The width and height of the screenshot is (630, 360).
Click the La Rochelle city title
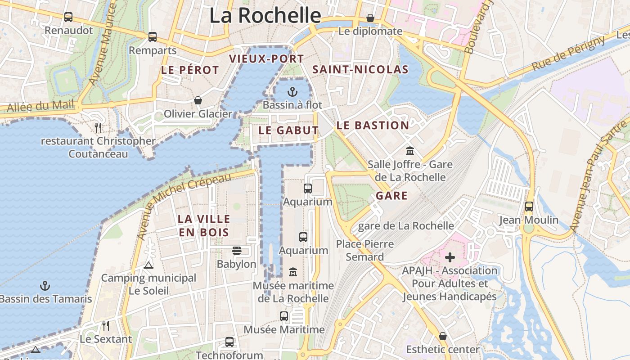point(265,15)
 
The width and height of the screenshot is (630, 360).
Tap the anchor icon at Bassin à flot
point(292,92)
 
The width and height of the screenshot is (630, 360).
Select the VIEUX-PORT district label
point(266,58)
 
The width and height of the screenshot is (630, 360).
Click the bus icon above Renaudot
point(68,17)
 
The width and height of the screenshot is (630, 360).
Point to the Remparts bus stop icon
point(153,37)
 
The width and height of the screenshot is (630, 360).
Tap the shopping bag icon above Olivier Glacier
point(198,100)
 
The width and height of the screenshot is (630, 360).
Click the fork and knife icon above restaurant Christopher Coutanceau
point(99,127)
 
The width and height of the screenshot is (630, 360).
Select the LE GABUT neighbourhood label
point(288,130)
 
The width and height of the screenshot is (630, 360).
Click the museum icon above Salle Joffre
point(409,151)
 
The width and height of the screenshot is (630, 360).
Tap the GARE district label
point(391,196)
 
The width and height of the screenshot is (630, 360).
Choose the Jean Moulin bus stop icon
point(529,207)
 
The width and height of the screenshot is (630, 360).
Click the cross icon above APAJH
point(450,257)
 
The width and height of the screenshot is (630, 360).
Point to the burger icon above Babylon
point(236,250)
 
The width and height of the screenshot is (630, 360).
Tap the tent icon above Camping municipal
point(148,265)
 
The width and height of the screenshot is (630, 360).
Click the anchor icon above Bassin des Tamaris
point(45,285)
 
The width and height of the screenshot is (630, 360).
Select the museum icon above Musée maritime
point(293,272)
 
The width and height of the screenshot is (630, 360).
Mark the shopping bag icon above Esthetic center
point(443,336)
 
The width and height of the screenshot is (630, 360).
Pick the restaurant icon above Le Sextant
point(106,325)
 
